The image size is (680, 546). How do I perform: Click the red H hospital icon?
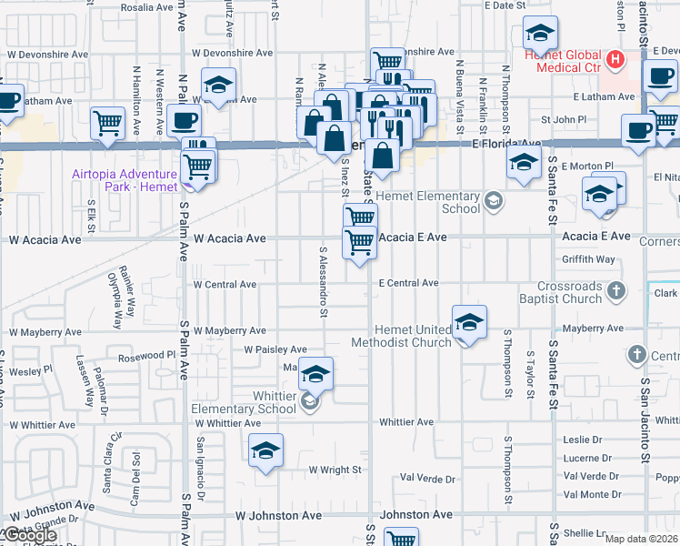pyautogui.click(x=616, y=61)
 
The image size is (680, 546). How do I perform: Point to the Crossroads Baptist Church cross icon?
pyautogui.click(x=616, y=291)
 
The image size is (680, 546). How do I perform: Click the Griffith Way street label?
pyautogui.click(x=588, y=259)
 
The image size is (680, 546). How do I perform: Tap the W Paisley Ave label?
pyautogui.click(x=275, y=349)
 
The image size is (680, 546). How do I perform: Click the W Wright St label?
pyautogui.click(x=335, y=470)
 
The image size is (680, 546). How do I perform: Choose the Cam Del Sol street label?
pyautogui.click(x=134, y=471)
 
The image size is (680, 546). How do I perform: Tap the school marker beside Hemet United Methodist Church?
pyautogui.click(x=469, y=321)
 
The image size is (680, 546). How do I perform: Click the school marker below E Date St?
pyautogui.click(x=541, y=35)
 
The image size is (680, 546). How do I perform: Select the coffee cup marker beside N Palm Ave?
pyautogui.click(x=184, y=120)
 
